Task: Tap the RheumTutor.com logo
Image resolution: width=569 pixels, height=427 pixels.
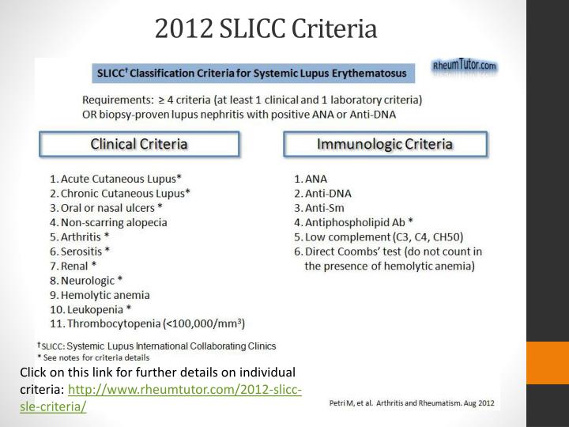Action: (x=465, y=66)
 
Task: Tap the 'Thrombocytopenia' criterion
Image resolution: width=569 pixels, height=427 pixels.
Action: (x=150, y=323)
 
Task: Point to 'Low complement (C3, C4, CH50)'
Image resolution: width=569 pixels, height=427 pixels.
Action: (x=379, y=236)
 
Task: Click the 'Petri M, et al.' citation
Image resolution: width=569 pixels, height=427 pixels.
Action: (x=411, y=403)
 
